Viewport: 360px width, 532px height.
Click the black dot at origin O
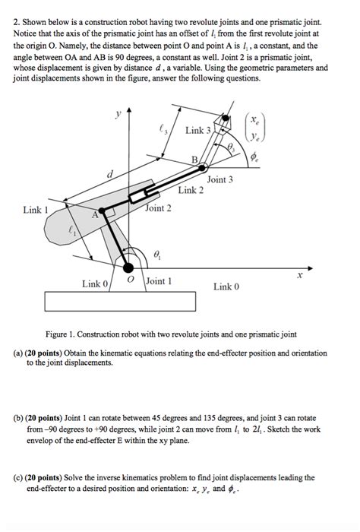click(x=128, y=268)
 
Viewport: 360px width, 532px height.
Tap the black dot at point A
click(x=101, y=211)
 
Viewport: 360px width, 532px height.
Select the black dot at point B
click(x=202, y=167)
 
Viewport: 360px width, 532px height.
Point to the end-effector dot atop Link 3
click(x=225, y=118)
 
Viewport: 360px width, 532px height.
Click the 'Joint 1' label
click(x=159, y=281)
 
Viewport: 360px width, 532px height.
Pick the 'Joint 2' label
click(x=158, y=208)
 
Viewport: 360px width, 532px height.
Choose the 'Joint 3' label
click(x=220, y=179)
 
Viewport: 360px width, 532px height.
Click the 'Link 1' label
click(x=36, y=210)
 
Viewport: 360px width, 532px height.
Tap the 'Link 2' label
click(x=191, y=190)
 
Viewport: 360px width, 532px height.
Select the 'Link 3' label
click(x=198, y=130)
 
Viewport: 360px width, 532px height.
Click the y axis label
click(x=118, y=114)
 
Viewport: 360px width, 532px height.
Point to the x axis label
click(x=299, y=275)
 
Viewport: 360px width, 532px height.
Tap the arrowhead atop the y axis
click(x=128, y=110)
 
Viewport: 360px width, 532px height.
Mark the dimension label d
click(x=109, y=174)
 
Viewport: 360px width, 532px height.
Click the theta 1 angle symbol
click(x=157, y=254)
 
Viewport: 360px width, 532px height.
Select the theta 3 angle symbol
click(x=231, y=147)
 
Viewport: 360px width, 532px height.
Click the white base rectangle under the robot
click(x=120, y=301)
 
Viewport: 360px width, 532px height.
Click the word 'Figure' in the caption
click(x=56, y=334)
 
